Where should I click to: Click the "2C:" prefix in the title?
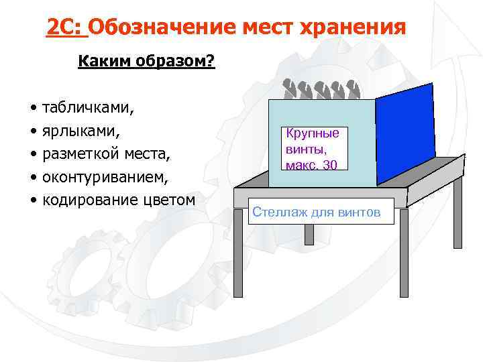coord(65,27)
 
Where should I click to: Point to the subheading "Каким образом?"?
coord(146,62)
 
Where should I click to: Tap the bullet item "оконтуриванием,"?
coord(105,178)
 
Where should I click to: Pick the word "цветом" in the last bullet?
coord(168,200)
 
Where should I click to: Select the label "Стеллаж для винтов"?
coord(316,213)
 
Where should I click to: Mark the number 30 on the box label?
coord(329,164)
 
